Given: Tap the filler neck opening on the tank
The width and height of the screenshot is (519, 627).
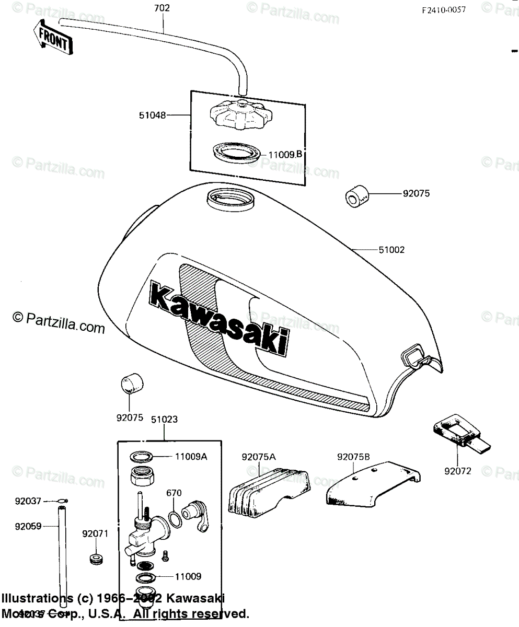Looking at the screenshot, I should pos(230,199).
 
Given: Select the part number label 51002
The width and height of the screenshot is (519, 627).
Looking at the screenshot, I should pos(391,250).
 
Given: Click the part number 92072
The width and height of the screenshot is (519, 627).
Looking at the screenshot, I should pos(458,471).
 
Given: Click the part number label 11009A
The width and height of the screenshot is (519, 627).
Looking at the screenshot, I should pos(192,456).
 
